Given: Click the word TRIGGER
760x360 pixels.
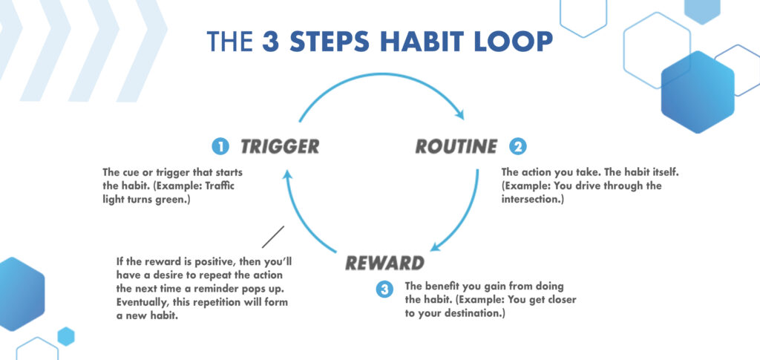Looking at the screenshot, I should pos(279,146).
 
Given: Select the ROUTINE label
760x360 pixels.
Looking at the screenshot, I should pos(456,146).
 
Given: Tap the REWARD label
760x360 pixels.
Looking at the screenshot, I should pos(384,263).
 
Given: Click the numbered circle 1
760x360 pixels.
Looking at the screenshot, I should pos(220,147).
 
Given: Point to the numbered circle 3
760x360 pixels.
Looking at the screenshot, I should pos(384,290).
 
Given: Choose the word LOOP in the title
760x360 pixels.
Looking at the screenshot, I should pos(519,41).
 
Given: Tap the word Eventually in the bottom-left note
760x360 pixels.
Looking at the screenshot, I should pos(143,303).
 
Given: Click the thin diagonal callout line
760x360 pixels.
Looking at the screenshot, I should pos(272,237).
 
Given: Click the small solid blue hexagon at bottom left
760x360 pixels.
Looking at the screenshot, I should pos(66,336).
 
